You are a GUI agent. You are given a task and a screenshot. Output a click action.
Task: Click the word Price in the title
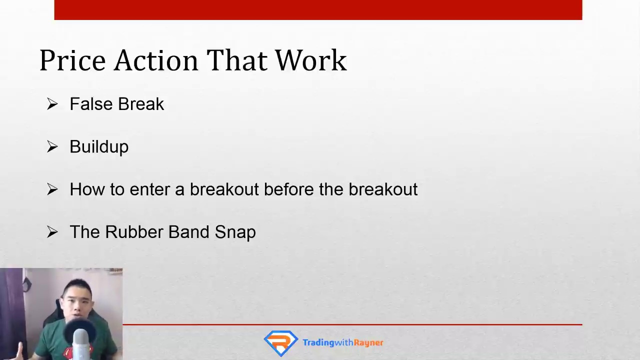tap(72, 60)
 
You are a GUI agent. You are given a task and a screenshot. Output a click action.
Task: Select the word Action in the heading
tap(156, 60)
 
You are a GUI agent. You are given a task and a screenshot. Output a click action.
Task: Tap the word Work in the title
tap(311, 60)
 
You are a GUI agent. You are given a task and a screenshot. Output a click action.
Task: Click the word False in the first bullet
tap(91, 103)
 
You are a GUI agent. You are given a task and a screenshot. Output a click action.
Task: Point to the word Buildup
tap(99, 147)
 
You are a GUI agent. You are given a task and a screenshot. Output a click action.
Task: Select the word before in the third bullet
tap(289, 189)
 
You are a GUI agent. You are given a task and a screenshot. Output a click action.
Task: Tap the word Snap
tap(235, 232)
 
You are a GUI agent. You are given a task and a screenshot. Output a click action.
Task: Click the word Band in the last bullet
tap(188, 231)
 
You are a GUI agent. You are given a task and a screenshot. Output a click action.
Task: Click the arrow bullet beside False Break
tap(52, 104)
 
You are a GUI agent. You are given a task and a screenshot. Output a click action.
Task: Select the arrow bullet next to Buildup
tap(52, 147)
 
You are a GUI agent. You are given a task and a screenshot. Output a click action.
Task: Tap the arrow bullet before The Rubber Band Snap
tap(52, 232)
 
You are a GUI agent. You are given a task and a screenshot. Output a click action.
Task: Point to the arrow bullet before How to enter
tap(52, 189)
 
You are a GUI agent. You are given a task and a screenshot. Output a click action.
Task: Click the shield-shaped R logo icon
tap(281, 343)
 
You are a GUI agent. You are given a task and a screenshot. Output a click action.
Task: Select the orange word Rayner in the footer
tap(368, 342)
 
